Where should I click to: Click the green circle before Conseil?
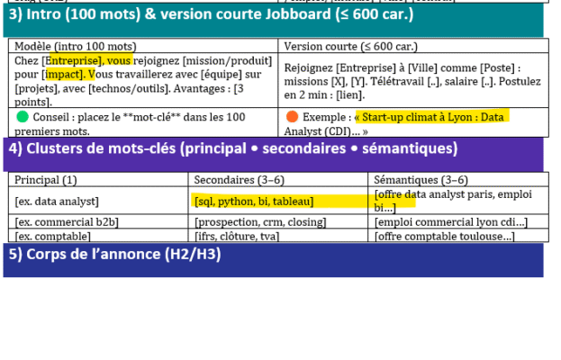[x=23, y=117]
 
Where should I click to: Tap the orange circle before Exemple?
[x=292, y=116]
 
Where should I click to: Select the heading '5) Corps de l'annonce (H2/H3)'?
[x=115, y=254]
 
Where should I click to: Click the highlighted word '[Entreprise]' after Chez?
[x=73, y=61]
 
